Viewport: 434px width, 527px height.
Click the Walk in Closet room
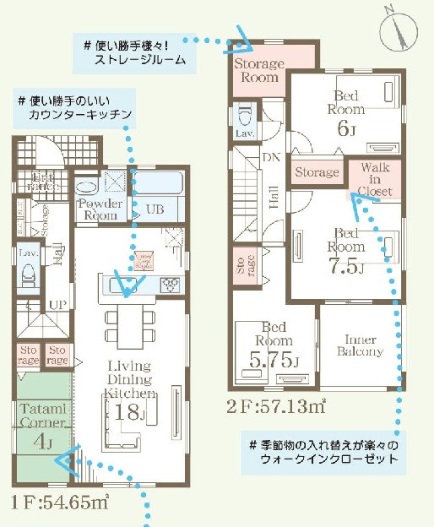click(x=372, y=179)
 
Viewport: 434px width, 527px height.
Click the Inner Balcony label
click(x=361, y=345)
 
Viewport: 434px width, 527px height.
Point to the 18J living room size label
click(x=130, y=412)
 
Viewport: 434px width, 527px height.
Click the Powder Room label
click(x=100, y=209)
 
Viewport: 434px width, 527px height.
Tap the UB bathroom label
click(x=155, y=209)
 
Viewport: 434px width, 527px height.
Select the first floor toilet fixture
click(x=27, y=274)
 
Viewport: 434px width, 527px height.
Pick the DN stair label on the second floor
click(x=271, y=158)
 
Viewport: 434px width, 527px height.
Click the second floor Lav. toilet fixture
click(x=246, y=115)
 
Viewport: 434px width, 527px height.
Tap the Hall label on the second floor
click(x=273, y=197)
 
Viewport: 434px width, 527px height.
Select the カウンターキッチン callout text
click(x=81, y=113)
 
